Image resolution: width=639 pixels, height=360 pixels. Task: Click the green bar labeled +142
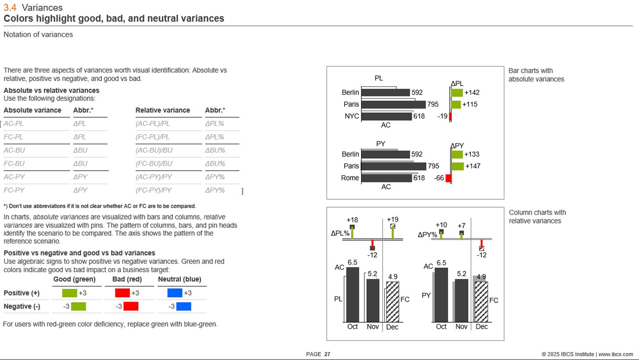[x=457, y=93]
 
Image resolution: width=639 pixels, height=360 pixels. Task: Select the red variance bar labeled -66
[x=448, y=178]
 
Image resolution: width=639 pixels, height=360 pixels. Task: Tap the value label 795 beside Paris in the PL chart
[x=433, y=104]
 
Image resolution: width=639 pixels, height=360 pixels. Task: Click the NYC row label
[x=352, y=116]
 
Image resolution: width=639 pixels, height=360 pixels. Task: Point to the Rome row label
[x=350, y=178]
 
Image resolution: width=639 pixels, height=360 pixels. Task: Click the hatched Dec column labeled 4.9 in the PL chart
[x=392, y=302]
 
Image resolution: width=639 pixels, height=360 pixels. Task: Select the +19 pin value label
[x=393, y=220]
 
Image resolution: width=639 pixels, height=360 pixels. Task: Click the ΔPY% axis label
[x=427, y=235]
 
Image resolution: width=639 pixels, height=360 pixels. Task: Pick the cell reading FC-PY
[x=14, y=190]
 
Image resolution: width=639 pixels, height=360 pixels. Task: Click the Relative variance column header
[x=162, y=110]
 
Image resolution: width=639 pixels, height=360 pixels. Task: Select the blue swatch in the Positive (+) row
[x=175, y=293]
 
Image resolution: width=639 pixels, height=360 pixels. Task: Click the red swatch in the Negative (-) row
[x=131, y=306]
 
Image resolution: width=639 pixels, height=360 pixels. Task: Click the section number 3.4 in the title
[x=10, y=7]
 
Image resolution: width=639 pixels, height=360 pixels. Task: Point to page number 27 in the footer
[x=327, y=354]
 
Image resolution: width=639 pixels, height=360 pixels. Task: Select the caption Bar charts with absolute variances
[x=536, y=75]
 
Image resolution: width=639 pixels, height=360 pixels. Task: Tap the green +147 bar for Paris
[x=457, y=166]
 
